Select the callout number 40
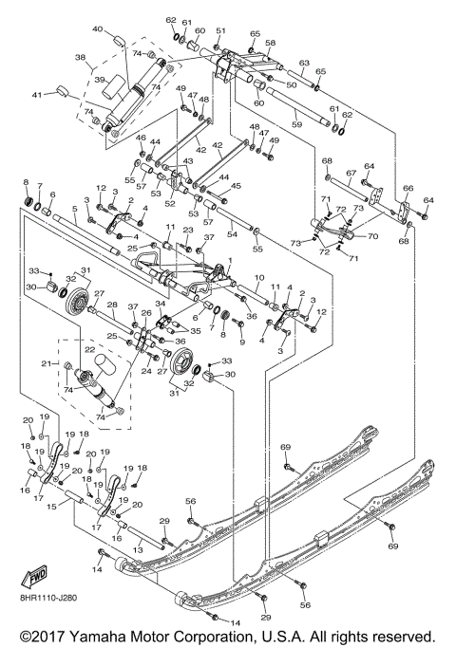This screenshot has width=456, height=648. pyautogui.click(x=98, y=29)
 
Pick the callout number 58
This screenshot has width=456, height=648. pyautogui.click(x=270, y=44)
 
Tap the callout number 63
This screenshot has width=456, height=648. pyautogui.click(x=304, y=64)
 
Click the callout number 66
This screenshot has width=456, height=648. pyautogui.click(x=408, y=189)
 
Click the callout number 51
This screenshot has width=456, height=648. pyautogui.click(x=219, y=31)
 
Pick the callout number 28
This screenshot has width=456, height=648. pyautogui.click(x=111, y=305)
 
